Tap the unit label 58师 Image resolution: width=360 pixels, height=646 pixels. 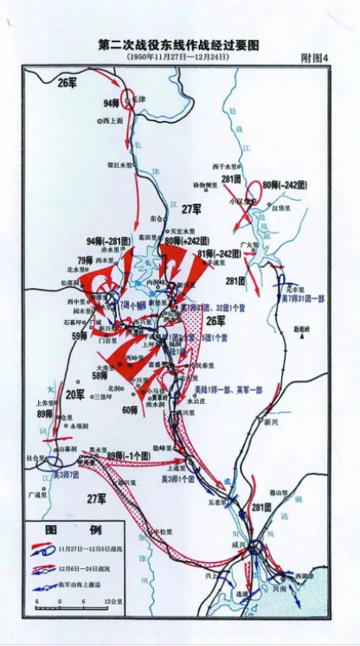coord(99,375)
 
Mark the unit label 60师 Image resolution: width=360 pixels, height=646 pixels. coord(129,409)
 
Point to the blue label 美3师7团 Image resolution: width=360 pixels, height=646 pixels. coord(66,475)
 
